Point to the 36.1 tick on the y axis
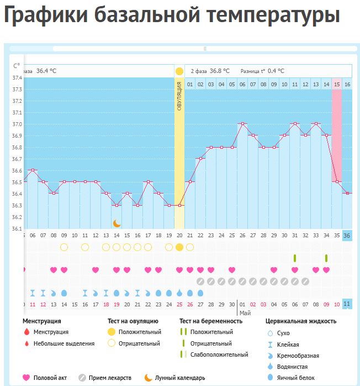coord(17,228)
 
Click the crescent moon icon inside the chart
coord(117,223)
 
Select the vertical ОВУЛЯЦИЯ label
coord(179,96)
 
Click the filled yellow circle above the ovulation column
coord(179,71)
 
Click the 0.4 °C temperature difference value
coord(276,71)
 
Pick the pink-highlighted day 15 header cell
coord(337,84)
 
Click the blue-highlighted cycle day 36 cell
coord(347,236)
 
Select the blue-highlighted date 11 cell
coord(347,304)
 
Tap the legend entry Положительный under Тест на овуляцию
coord(141,332)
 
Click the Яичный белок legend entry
coord(299,377)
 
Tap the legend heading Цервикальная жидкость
coord(301,321)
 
